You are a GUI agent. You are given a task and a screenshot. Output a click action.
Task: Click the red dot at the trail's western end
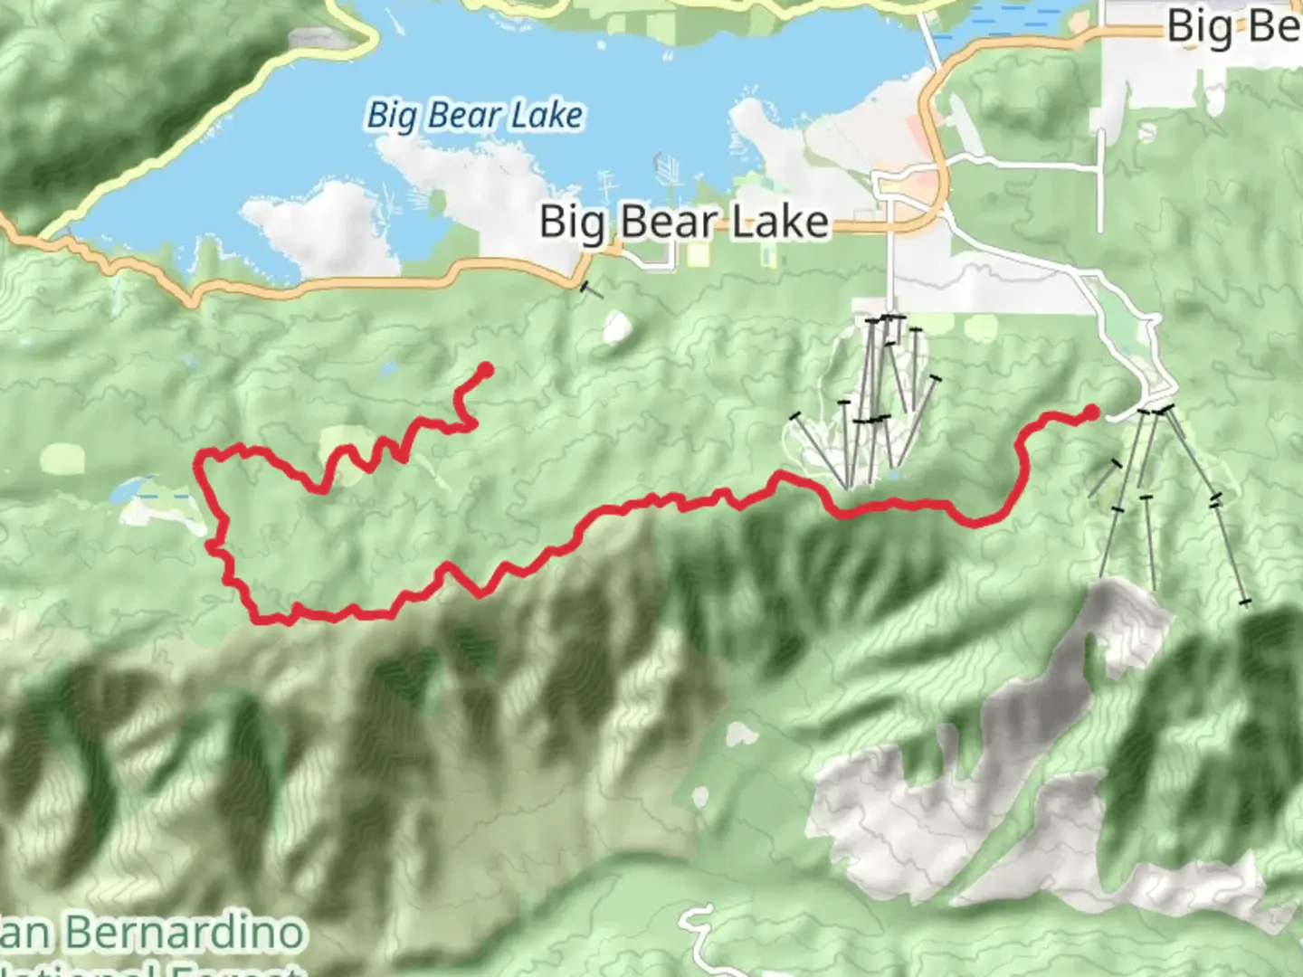click(x=485, y=369)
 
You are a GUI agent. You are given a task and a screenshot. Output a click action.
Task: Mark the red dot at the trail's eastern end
click(x=1091, y=413)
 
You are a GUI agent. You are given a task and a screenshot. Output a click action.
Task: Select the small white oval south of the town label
click(x=616, y=327)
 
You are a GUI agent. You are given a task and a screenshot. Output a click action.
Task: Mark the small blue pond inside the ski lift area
click(x=893, y=473)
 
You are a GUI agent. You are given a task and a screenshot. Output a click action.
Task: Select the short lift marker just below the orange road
click(x=590, y=289)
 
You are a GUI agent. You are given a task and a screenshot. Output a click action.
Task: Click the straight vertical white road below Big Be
click(x=1100, y=181)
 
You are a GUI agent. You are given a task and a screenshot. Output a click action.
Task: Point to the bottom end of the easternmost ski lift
click(x=1245, y=601)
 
